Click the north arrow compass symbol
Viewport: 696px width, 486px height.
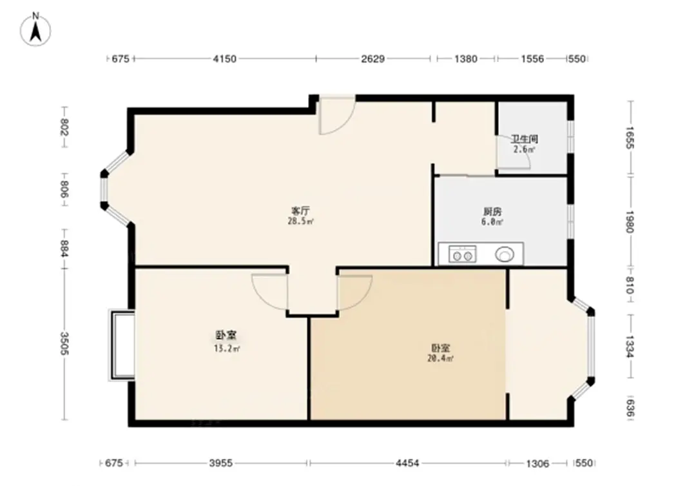pos(36,29)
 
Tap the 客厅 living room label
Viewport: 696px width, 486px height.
pos(300,210)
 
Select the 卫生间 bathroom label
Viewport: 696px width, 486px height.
pos(525,139)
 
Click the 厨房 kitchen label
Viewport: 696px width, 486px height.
pos(492,212)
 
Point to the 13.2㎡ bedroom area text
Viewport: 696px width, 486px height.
pos(227,349)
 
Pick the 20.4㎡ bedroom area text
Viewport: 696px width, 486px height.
pos(440,358)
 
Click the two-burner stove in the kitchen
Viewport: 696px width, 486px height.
pos(462,254)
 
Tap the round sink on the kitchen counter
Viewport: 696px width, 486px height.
pos(505,254)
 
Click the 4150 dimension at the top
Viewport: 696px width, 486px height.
pos(225,59)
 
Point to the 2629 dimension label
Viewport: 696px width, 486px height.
pos(373,59)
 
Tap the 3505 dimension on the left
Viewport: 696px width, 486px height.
pos(64,344)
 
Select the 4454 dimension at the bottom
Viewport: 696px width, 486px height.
pos(407,463)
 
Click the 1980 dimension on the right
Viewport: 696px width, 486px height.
pos(630,221)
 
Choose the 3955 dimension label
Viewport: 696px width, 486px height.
pos(221,463)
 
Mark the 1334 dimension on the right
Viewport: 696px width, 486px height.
pos(630,347)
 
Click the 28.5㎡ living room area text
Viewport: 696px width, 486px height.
pos(301,221)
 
